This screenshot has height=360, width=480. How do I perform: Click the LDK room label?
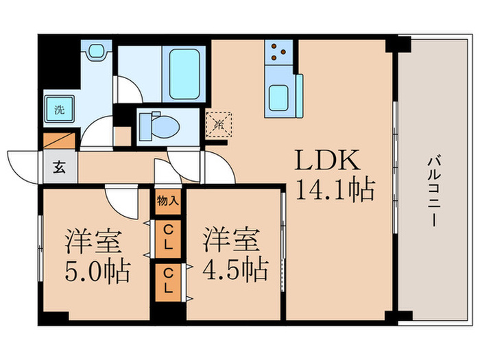click(x=326, y=162)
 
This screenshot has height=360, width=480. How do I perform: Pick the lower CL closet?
click(x=168, y=280)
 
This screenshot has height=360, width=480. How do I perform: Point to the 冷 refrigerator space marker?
click(x=219, y=124)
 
